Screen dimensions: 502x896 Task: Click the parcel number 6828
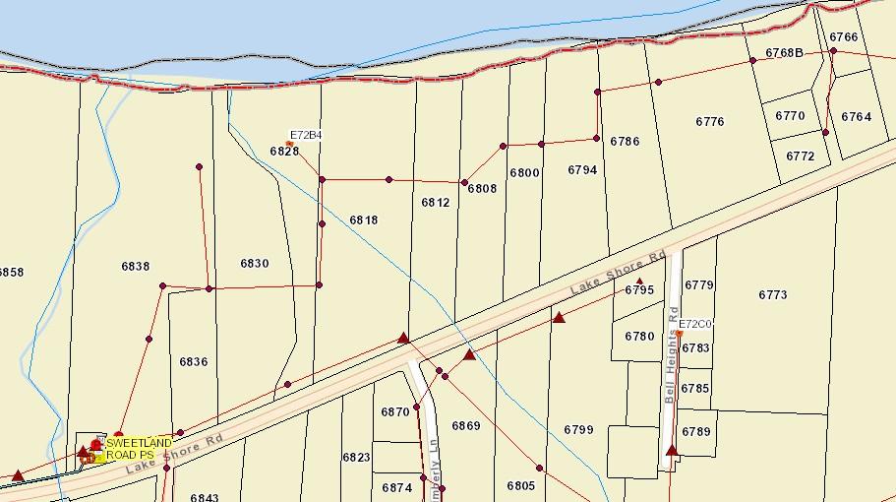point(284,152)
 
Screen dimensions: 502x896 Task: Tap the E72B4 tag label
point(306,135)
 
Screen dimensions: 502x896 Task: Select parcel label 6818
point(363,220)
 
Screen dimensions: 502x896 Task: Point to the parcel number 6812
point(435,203)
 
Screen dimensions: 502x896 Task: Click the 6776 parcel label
point(709,122)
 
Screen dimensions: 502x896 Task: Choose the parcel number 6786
point(625,142)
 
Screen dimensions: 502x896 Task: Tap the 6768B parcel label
point(784,53)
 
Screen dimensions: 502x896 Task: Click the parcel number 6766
point(843,37)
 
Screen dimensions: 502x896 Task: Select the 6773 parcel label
point(773,295)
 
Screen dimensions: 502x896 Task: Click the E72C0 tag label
point(695,324)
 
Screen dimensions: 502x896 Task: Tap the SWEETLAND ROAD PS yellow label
point(139,449)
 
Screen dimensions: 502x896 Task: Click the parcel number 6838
point(135,267)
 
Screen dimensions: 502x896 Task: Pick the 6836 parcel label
point(193,362)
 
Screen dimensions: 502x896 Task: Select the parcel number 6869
point(465,426)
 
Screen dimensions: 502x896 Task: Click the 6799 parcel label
point(578,430)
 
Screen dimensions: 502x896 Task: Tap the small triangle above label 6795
point(639,282)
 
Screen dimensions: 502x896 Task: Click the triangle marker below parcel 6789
point(673,451)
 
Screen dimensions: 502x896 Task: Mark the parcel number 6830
point(254,264)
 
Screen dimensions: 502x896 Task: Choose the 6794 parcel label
point(582,170)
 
